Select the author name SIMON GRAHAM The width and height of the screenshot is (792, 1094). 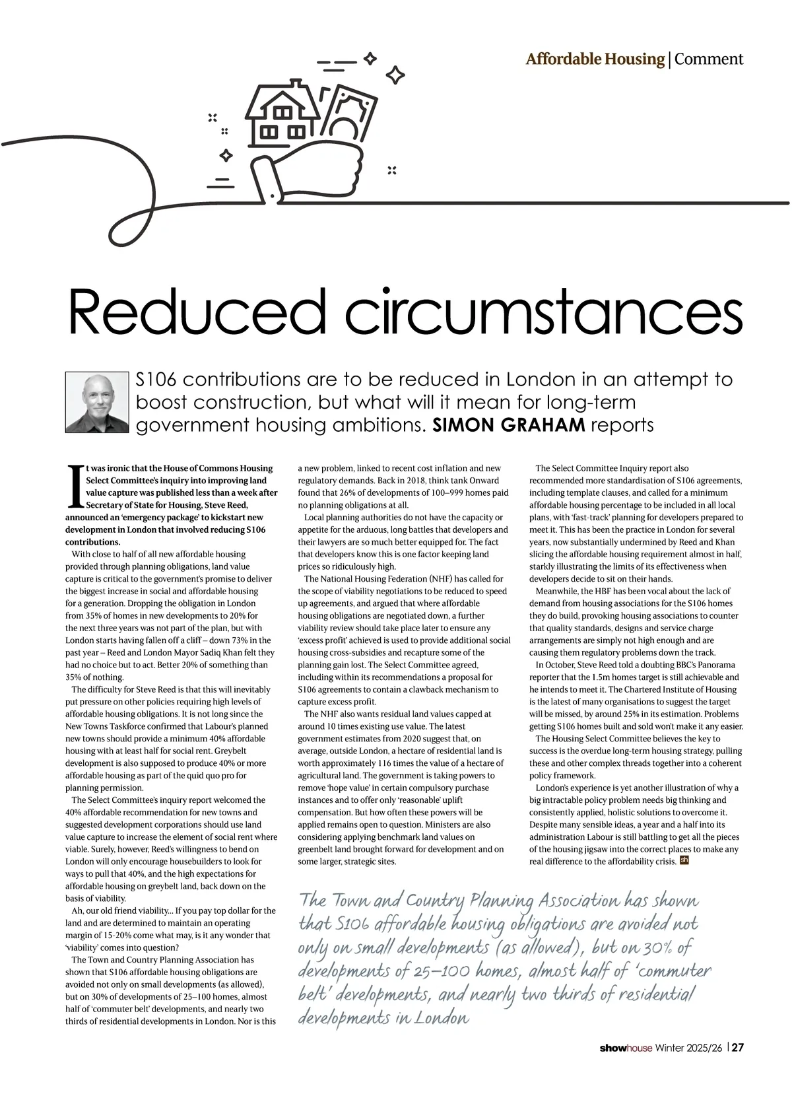click(508, 425)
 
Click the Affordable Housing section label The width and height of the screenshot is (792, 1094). click(595, 59)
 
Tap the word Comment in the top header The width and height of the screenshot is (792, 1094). click(709, 59)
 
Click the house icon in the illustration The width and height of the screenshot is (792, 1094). click(280, 116)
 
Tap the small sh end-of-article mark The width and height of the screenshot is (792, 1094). click(684, 860)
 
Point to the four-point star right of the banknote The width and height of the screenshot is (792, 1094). click(395, 75)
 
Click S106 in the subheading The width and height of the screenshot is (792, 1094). click(157, 380)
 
